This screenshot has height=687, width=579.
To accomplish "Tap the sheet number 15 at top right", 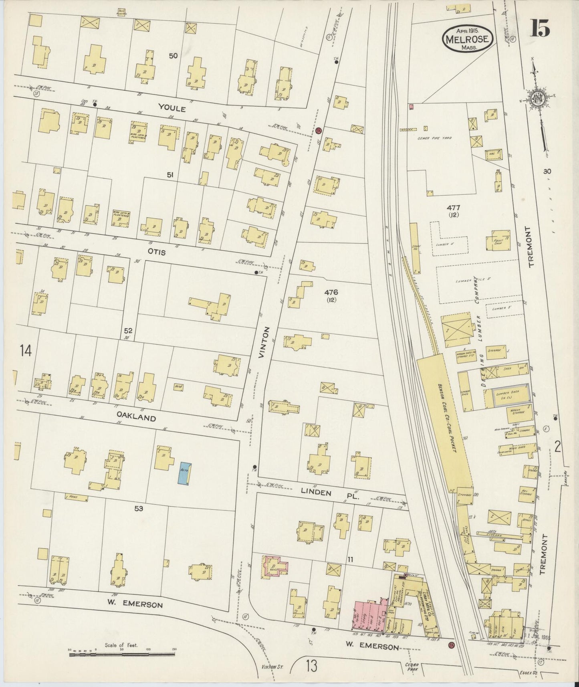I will click(540, 29).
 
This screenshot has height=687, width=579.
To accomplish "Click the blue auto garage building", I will click(185, 473).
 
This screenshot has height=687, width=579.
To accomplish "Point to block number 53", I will click(139, 509).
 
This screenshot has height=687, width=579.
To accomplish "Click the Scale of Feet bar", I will click(122, 655).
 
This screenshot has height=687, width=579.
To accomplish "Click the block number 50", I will click(173, 56).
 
